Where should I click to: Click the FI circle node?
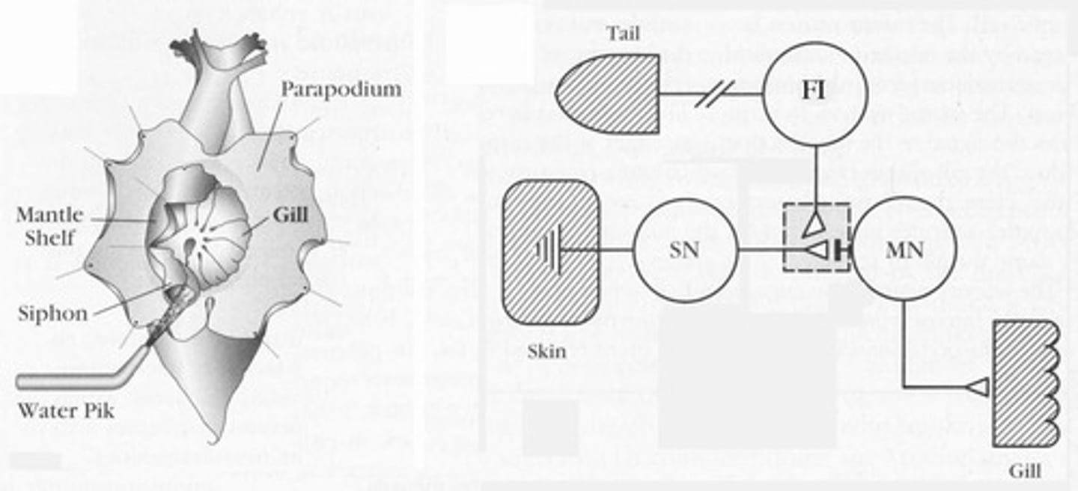coord(815,94)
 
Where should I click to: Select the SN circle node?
coord(685,250)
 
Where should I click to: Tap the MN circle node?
coord(904,249)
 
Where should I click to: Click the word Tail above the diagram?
coord(623,34)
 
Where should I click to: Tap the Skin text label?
coord(546,350)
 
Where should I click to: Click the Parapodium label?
coord(341,90)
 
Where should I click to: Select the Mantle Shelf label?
coord(49,226)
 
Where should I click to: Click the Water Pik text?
coord(65,411)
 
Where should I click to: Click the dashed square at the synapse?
coord(816,238)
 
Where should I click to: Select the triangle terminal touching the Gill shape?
coord(978,386)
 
